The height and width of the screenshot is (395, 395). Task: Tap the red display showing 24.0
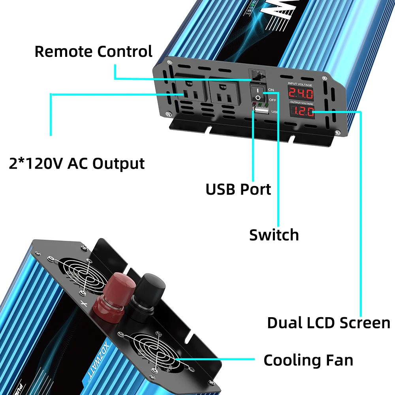300,94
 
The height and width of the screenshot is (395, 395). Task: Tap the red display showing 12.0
303,112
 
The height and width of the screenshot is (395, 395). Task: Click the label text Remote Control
93,52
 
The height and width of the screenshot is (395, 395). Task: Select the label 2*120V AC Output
77,163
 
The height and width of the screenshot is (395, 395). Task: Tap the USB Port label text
238,189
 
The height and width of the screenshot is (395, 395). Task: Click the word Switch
274,235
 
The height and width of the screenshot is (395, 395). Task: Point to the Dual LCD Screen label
328,323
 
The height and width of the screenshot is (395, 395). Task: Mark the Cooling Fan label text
308,360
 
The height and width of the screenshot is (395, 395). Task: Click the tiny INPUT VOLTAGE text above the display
300,85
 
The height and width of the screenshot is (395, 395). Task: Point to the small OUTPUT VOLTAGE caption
302,103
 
